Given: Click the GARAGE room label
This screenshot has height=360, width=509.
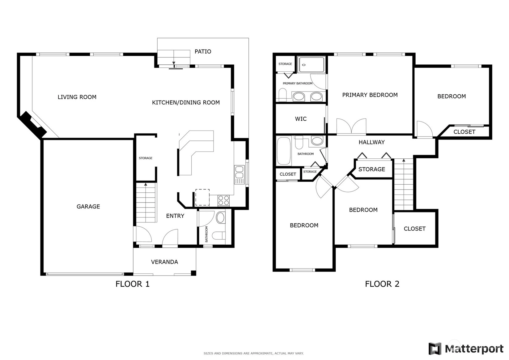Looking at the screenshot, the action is [x=88, y=207].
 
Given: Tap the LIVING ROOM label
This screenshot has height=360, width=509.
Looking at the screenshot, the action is [x=77, y=97].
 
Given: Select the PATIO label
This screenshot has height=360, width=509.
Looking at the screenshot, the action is [x=203, y=52].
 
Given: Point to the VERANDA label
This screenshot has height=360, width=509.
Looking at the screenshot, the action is [x=164, y=262].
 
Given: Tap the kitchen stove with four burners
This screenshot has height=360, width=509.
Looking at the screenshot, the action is [x=224, y=201].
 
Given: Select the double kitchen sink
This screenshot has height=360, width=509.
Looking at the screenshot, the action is [x=239, y=172].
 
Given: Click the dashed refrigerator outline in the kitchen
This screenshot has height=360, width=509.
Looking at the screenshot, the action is [x=202, y=197].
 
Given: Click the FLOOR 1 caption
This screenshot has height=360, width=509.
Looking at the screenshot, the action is [x=133, y=284].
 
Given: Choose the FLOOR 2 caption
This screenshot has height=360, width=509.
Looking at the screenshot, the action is [x=382, y=284].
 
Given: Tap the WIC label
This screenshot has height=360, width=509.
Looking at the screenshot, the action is [x=301, y=119].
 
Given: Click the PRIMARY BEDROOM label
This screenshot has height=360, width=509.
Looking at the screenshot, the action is [x=370, y=95].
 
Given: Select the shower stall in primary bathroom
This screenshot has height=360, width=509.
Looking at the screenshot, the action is [x=312, y=65].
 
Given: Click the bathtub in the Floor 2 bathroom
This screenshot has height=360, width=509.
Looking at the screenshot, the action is [x=284, y=151].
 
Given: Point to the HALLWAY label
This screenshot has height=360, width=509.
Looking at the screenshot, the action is [x=372, y=142].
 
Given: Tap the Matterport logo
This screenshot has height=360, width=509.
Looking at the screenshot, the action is [x=466, y=349].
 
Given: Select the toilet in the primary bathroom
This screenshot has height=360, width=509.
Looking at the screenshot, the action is [x=283, y=95].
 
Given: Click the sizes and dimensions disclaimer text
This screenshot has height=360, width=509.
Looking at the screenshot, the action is [x=254, y=354].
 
